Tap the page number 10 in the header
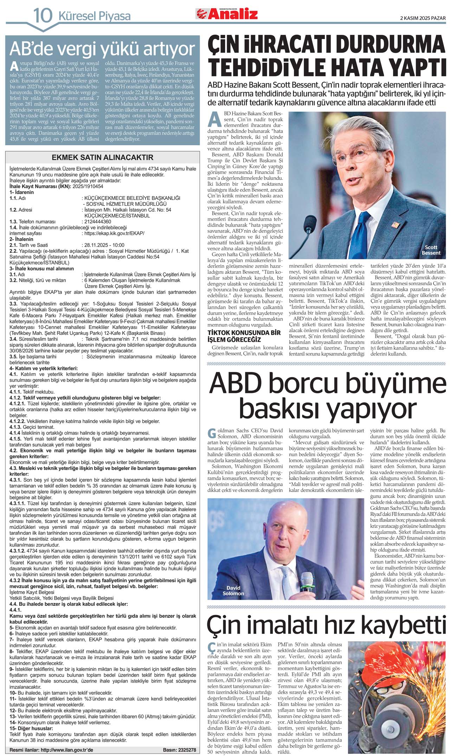pyautogui.click(x=43, y=16)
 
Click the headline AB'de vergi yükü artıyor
pyautogui.click(x=102, y=49)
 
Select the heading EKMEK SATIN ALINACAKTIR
pyautogui.click(x=102, y=157)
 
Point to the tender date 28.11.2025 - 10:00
pyautogui.click(x=104, y=245)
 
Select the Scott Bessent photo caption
pyautogui.click(x=431, y=250)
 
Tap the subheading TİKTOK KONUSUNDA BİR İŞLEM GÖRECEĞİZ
pyautogui.click(x=244, y=336)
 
